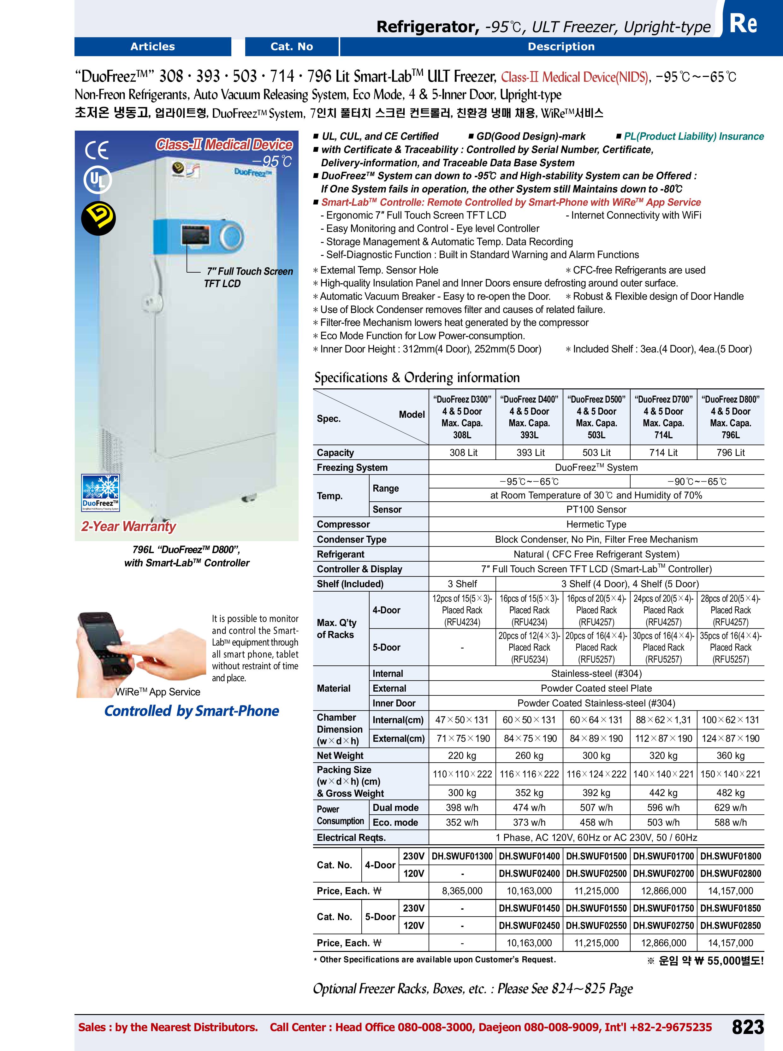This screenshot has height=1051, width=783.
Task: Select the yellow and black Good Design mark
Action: point(98,218)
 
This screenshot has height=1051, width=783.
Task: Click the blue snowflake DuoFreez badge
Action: point(100,492)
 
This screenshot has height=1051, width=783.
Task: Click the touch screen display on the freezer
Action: point(195,235)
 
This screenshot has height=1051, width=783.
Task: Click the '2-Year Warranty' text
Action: point(128,527)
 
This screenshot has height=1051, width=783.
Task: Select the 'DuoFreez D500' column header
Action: point(596,417)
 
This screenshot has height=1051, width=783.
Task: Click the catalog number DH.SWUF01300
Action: point(462,856)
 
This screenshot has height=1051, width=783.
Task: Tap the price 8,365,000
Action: point(462,891)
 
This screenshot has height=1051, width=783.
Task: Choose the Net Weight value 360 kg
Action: point(730,755)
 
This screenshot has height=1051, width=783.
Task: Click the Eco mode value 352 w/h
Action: point(462,822)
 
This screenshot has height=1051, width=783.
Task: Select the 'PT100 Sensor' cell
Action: point(596,509)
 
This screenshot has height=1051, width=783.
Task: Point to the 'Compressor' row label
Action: point(343,524)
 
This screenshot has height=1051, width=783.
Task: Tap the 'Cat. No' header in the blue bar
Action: point(292,46)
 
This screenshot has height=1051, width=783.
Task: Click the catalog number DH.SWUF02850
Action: point(730,925)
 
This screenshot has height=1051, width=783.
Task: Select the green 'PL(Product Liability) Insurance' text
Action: point(693,137)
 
